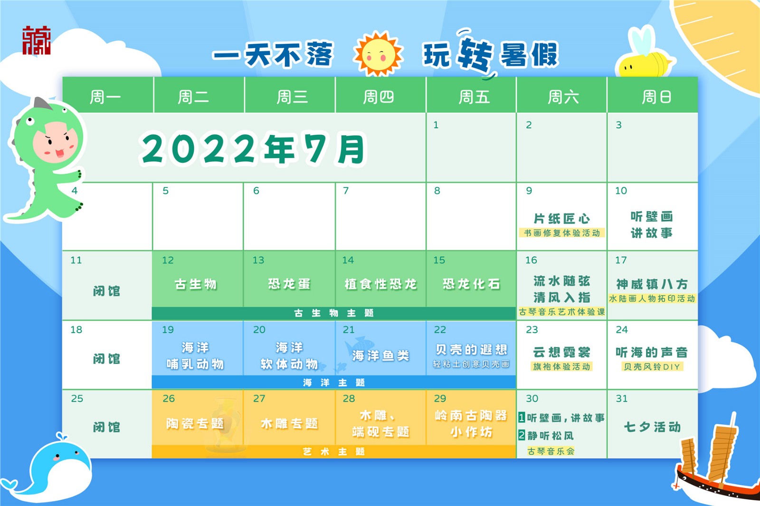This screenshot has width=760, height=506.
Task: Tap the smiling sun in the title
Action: click(378, 54)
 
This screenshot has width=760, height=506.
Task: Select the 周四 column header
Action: click(378, 97)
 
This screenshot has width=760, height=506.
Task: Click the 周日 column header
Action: click(656, 97)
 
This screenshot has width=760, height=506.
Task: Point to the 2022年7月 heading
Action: click(252, 149)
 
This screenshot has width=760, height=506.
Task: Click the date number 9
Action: click(529, 191)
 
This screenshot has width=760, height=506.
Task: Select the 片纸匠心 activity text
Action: click(562, 219)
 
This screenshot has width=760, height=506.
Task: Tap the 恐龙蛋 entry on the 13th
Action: click(289, 284)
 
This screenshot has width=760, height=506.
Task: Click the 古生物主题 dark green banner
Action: click(334, 313)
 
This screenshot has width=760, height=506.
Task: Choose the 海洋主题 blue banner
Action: click(334, 383)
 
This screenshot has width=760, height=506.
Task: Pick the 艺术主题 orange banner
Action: click(334, 451)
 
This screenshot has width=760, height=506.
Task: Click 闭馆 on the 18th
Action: click(106, 359)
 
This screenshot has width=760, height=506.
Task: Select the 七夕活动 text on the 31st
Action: click(652, 427)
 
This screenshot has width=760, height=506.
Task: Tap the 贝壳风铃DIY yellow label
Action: click(652, 366)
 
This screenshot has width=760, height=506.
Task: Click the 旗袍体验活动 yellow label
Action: click(561, 366)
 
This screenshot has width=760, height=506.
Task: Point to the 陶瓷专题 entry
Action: click(195, 423)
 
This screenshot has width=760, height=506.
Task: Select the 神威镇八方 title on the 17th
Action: click(652, 284)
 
